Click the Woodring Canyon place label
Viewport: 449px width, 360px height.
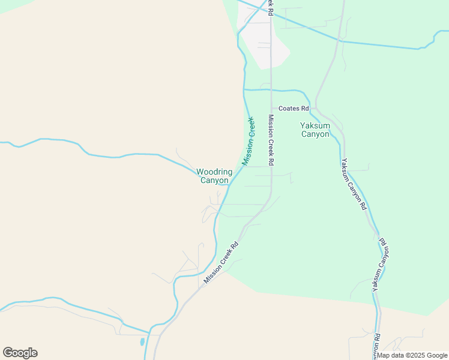pyautogui.click(x=214, y=176)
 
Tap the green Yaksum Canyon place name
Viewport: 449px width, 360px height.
pyautogui.click(x=315, y=130)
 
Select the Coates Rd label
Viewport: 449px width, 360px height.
pyautogui.click(x=297, y=109)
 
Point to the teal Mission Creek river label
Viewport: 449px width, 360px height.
pyautogui.click(x=248, y=141)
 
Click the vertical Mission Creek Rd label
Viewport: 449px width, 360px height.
pyautogui.click(x=271, y=140)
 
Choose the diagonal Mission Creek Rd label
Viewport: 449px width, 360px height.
pyautogui.click(x=221, y=262)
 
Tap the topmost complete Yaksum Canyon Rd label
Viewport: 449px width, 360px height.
pyautogui.click(x=354, y=184)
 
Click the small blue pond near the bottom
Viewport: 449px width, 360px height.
pyautogui.click(x=142, y=342)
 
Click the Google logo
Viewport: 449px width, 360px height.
pyautogui.click(x=20, y=353)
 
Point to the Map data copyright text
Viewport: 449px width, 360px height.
pyautogui.click(x=412, y=355)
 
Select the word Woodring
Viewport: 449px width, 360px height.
pyautogui.click(x=214, y=172)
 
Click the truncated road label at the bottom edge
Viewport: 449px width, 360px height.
pyautogui.click(x=376, y=354)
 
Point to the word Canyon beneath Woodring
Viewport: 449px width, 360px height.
pyautogui.click(x=214, y=181)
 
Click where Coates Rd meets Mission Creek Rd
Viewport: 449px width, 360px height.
pyautogui.click(x=271, y=109)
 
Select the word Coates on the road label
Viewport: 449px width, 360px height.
pyautogui.click(x=294, y=109)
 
